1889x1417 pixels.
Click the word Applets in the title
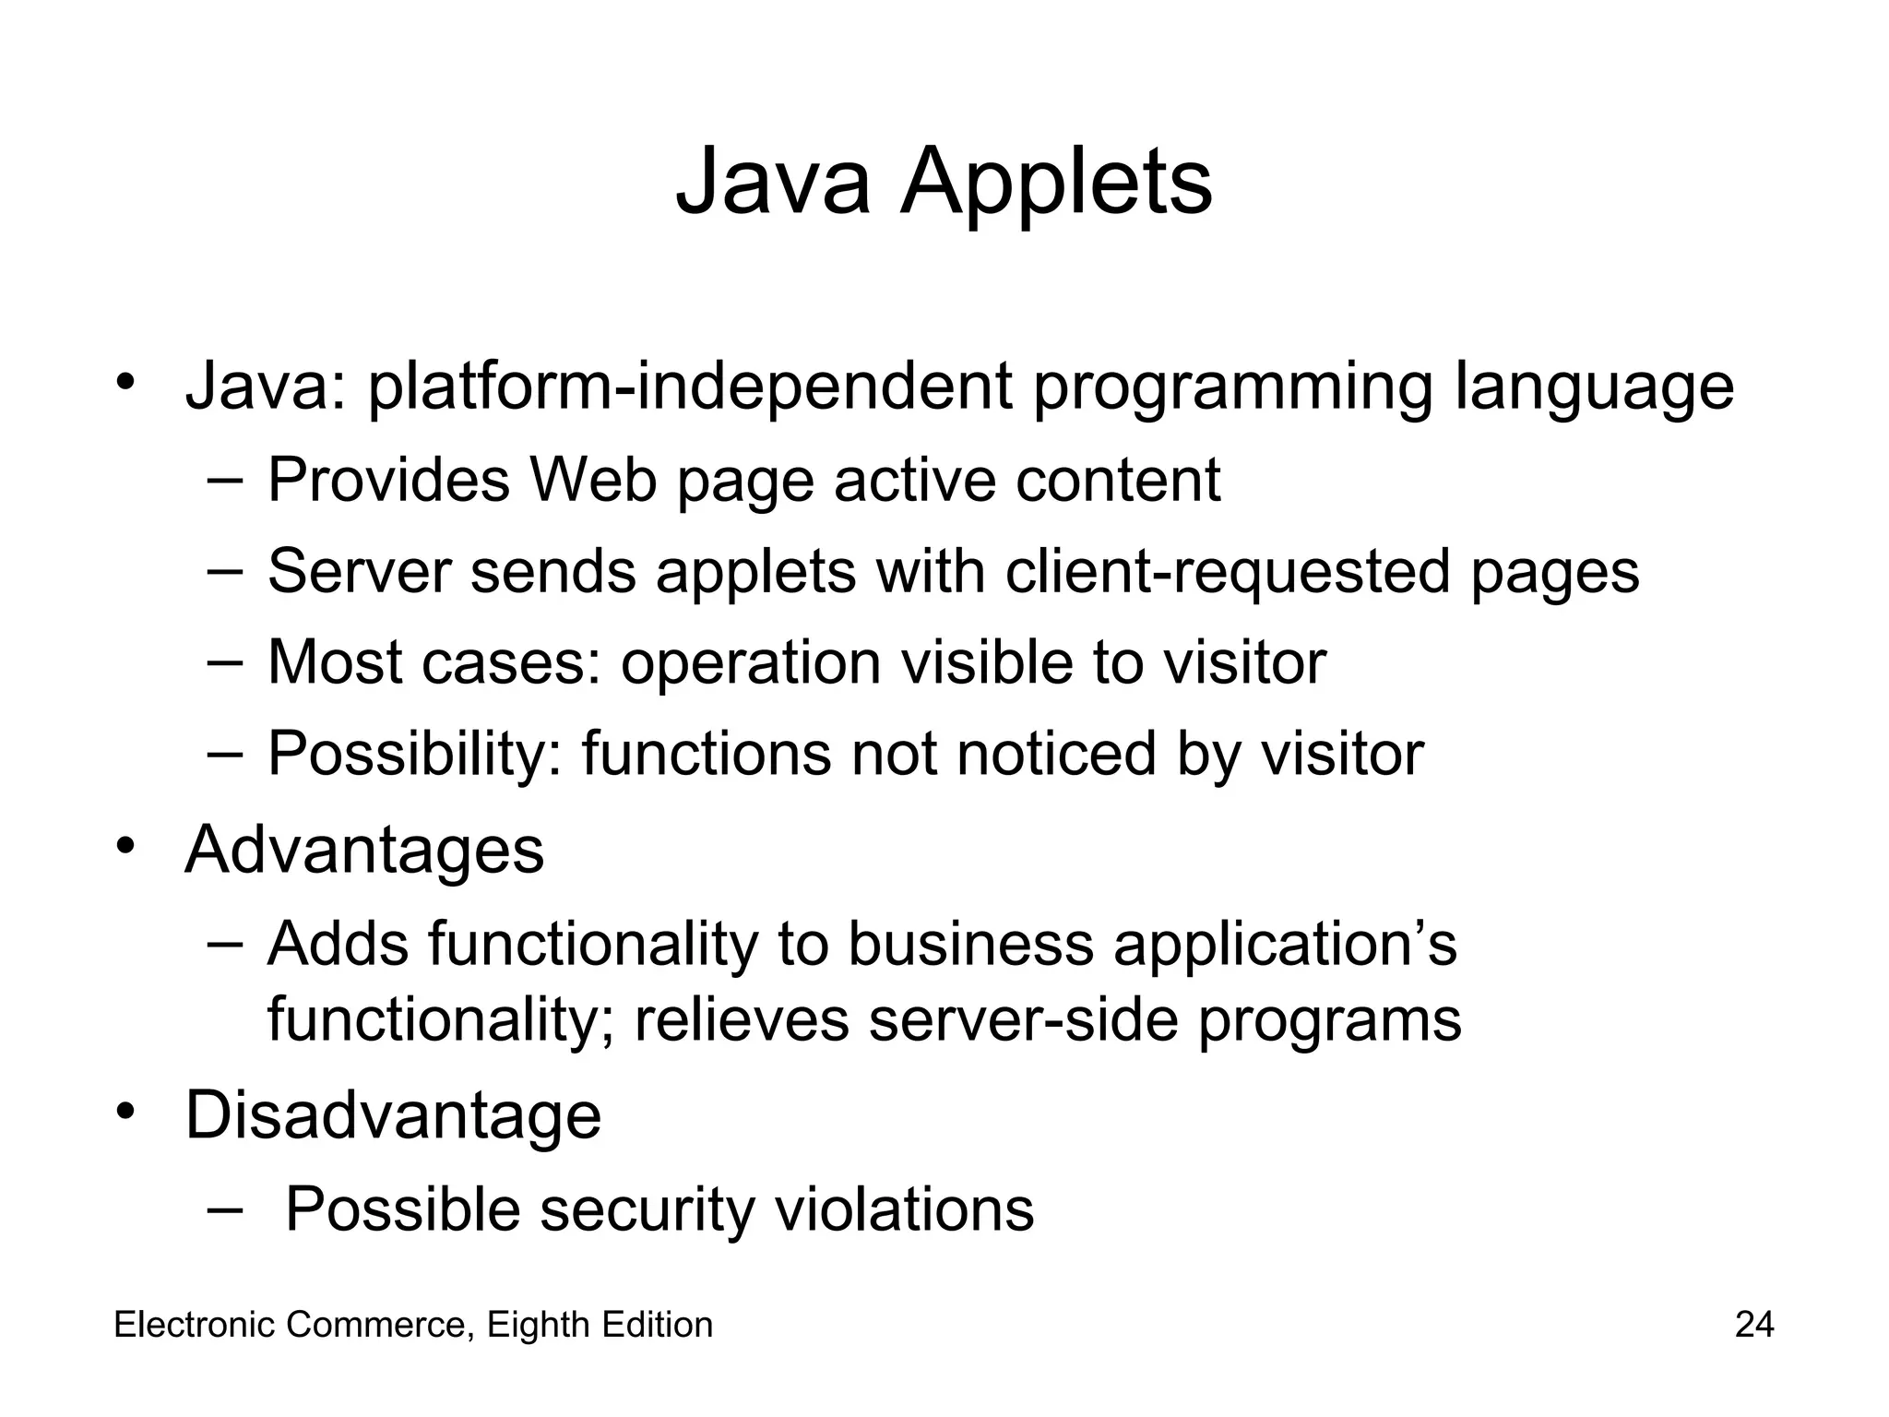point(1056,183)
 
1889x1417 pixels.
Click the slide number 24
point(1753,1325)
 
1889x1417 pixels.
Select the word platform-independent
point(690,387)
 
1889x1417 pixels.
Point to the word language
point(1594,387)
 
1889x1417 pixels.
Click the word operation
point(751,662)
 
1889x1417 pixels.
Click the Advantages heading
point(364,850)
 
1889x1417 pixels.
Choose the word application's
point(1285,945)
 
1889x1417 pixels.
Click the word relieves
point(742,1019)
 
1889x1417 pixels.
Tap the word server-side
point(1024,1019)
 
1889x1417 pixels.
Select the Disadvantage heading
point(393,1115)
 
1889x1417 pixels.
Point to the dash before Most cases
point(225,661)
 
